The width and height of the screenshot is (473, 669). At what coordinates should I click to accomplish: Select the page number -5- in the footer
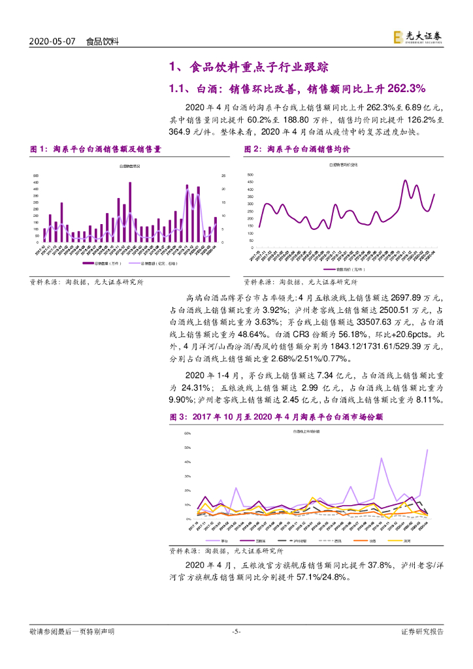point(236,631)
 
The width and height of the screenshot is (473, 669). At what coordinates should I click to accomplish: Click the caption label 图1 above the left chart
point(40,150)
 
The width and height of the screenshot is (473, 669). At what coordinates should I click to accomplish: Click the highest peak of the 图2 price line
point(405,180)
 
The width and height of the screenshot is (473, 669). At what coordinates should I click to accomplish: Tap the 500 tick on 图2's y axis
point(250,175)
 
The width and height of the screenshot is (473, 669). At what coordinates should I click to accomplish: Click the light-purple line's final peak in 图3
point(427,449)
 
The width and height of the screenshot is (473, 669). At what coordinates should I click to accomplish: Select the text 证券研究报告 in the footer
point(421,631)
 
